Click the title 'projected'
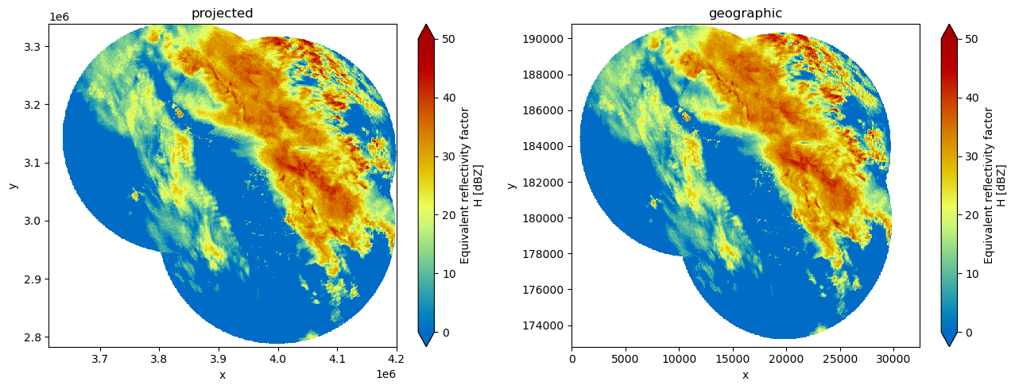(222, 13)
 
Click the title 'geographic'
(746, 13)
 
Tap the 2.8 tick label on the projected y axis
(33, 337)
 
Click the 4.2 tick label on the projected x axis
(397, 359)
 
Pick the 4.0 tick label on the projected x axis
(277, 359)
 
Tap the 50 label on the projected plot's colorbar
(448, 39)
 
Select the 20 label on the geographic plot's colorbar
(971, 215)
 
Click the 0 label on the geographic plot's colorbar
(969, 333)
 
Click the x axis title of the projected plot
(222, 375)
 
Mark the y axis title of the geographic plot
(512, 186)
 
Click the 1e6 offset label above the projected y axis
(60, 17)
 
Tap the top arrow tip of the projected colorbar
(426, 25)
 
